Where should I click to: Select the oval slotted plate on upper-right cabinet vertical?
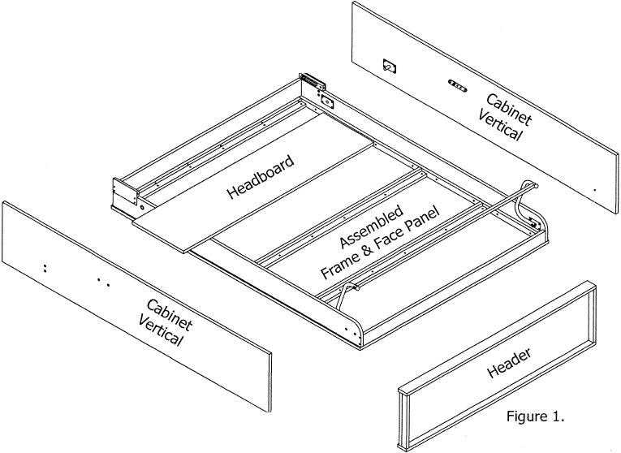(458, 84)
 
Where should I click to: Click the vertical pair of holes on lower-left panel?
(45, 266)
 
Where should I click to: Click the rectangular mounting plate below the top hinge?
(327, 102)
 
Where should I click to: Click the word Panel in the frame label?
(423, 220)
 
